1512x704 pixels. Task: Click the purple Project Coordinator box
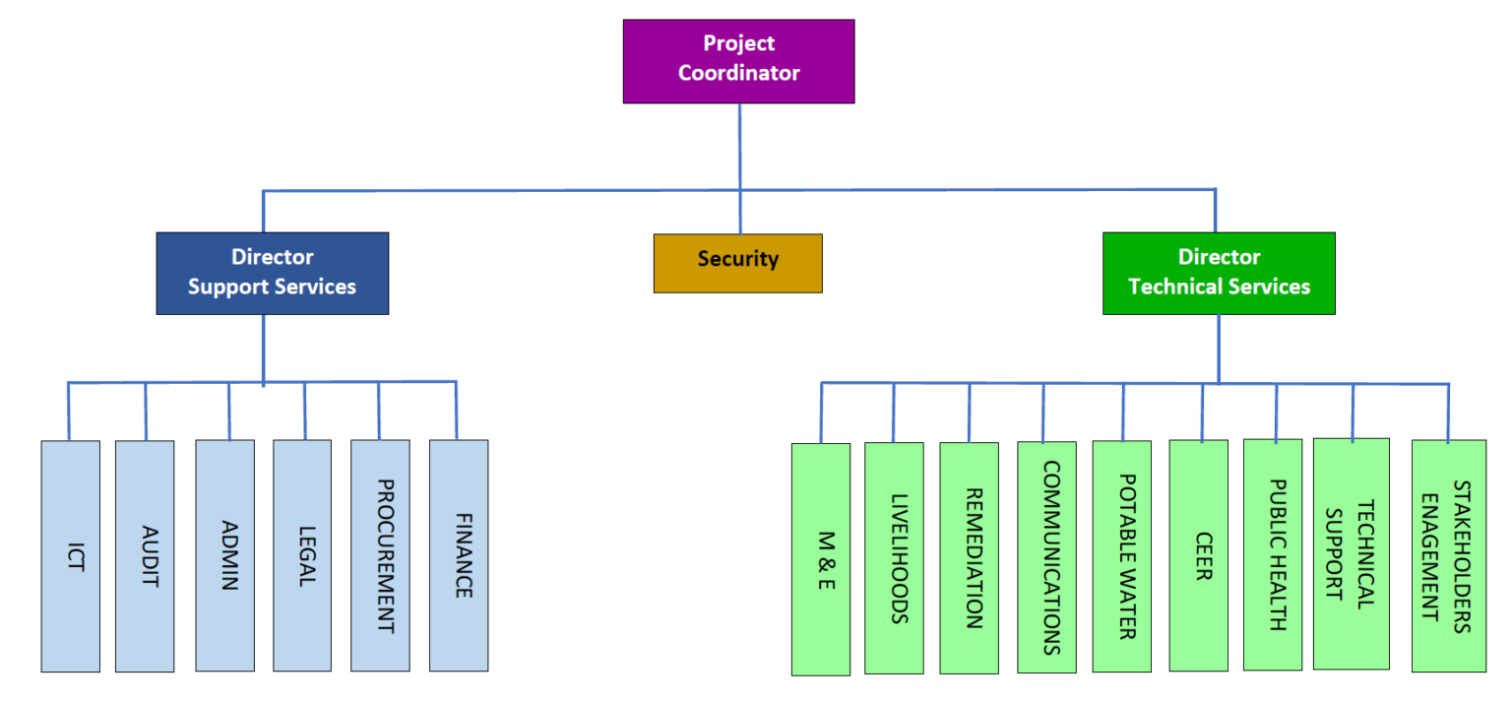coord(738,61)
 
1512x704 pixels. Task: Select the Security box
coord(737,263)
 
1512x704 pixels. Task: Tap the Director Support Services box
coord(272,273)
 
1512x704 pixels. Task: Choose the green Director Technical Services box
coord(1219,273)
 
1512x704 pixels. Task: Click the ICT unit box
coord(70,556)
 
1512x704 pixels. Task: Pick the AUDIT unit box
coord(145,556)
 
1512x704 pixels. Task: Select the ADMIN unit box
coord(224,556)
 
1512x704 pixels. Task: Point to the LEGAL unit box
coord(302,556)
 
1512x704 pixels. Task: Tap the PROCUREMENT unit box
coord(380,556)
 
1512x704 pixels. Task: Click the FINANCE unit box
coord(459,556)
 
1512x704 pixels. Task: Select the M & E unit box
coord(821,559)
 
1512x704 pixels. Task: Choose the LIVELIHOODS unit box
coord(894,558)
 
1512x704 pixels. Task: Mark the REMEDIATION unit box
coord(970,558)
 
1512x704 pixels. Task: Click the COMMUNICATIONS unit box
coord(1046,557)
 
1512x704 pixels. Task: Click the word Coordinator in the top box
coord(738,73)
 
